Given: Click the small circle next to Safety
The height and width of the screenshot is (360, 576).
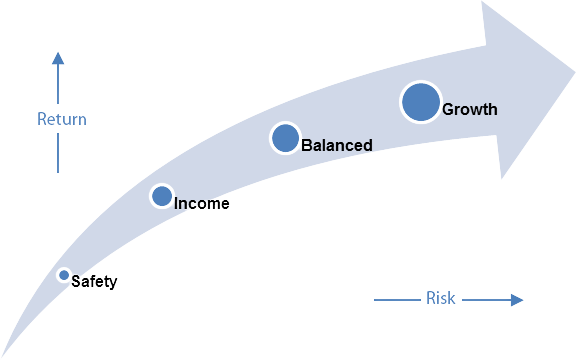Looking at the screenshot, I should coord(64,275).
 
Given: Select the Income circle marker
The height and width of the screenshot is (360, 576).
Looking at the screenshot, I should coord(162,196).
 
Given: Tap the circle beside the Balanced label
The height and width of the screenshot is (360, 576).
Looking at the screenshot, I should coord(286,138).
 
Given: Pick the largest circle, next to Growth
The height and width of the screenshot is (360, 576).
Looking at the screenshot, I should coord(421,102).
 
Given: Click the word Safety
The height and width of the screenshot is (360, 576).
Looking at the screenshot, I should coord(95,282).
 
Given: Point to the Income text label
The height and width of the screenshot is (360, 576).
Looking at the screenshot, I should coord(202,204).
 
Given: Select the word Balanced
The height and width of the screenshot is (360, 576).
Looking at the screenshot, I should coord(337,146).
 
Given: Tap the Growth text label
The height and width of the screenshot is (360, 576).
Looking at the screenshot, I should coord(469,109).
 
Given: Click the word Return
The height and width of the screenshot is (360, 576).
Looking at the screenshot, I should coord(61,120).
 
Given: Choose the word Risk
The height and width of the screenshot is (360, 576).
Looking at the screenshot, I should coord(441,298).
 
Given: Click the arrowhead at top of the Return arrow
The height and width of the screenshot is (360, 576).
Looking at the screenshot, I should coord(58,59).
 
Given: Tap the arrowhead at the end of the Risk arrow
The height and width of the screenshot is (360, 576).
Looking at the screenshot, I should coord(516,299).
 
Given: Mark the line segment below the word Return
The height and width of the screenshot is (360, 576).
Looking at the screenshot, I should coord(58,152).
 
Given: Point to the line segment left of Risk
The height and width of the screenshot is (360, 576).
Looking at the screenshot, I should coord(398,299).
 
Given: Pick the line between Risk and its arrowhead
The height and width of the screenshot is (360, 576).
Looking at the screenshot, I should coord(484,299).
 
